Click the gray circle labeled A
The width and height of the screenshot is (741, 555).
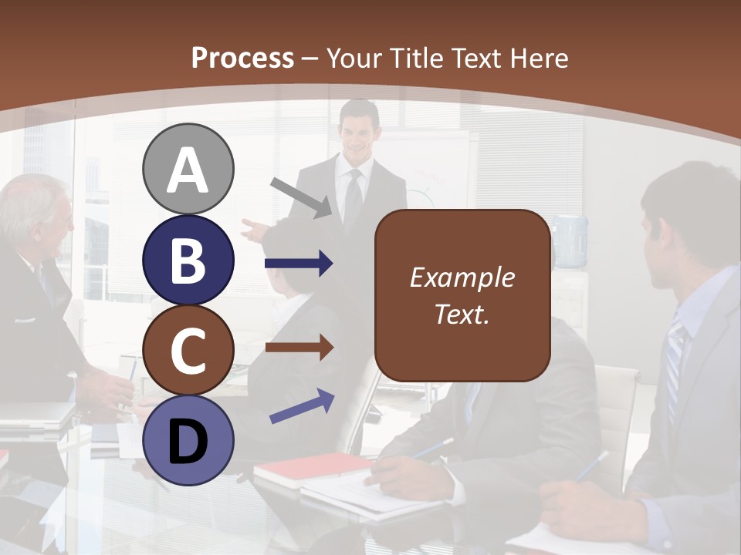(x=188, y=169)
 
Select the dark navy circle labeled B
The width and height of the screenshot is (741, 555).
(x=188, y=260)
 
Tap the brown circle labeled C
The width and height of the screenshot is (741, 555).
(x=188, y=351)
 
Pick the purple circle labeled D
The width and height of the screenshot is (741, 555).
(x=188, y=440)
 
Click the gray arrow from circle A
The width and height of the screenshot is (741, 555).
(x=302, y=197)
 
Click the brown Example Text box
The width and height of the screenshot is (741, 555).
(x=462, y=295)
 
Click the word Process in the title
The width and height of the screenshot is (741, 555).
(x=242, y=58)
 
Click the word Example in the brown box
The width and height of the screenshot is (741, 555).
(x=462, y=277)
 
